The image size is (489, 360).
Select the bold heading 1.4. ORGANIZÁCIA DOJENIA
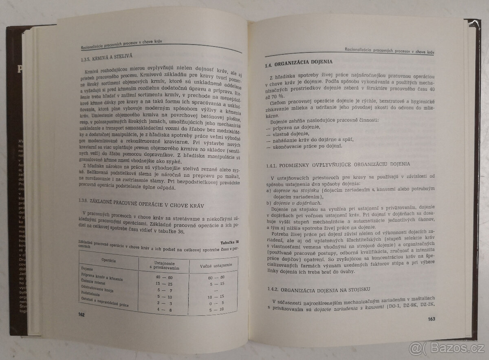pos(298,63)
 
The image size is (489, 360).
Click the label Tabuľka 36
pos(230,243)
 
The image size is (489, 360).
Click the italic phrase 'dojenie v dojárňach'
pos(295,203)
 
